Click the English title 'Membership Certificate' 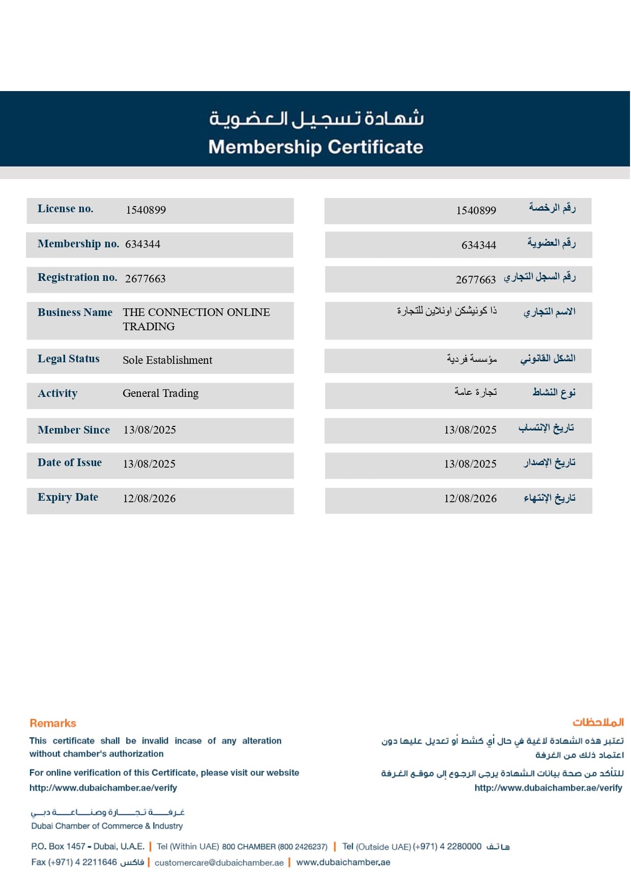click(315, 147)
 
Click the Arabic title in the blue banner click(315, 119)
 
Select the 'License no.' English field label click(66, 209)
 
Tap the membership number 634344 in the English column click(142, 244)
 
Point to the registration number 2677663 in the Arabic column click(475, 279)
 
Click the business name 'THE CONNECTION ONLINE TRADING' click(196, 319)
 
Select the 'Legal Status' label click(69, 359)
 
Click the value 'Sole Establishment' click(167, 360)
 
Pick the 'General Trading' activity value click(160, 393)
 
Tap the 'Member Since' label click(74, 430)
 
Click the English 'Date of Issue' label click(70, 463)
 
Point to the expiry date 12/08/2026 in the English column click(149, 499)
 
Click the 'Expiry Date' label click(68, 497)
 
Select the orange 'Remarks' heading click(53, 723)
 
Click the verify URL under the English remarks click(103, 788)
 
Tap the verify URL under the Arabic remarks click(548, 788)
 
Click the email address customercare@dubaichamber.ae click(219, 862)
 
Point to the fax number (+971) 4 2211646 click(82, 862)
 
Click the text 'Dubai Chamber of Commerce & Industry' click(107, 826)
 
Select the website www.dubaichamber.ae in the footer click(343, 862)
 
